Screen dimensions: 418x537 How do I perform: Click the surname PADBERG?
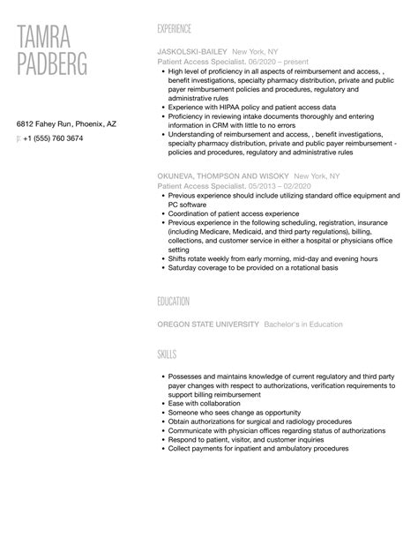[x=64, y=64]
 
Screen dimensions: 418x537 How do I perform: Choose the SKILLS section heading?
[x=167, y=354]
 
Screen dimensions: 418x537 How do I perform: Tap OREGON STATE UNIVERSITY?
[x=207, y=324]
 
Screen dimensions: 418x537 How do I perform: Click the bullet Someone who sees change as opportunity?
[x=234, y=413]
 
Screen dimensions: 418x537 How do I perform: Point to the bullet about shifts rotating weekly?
[x=272, y=259]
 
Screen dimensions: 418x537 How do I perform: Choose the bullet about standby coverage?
[x=254, y=268]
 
